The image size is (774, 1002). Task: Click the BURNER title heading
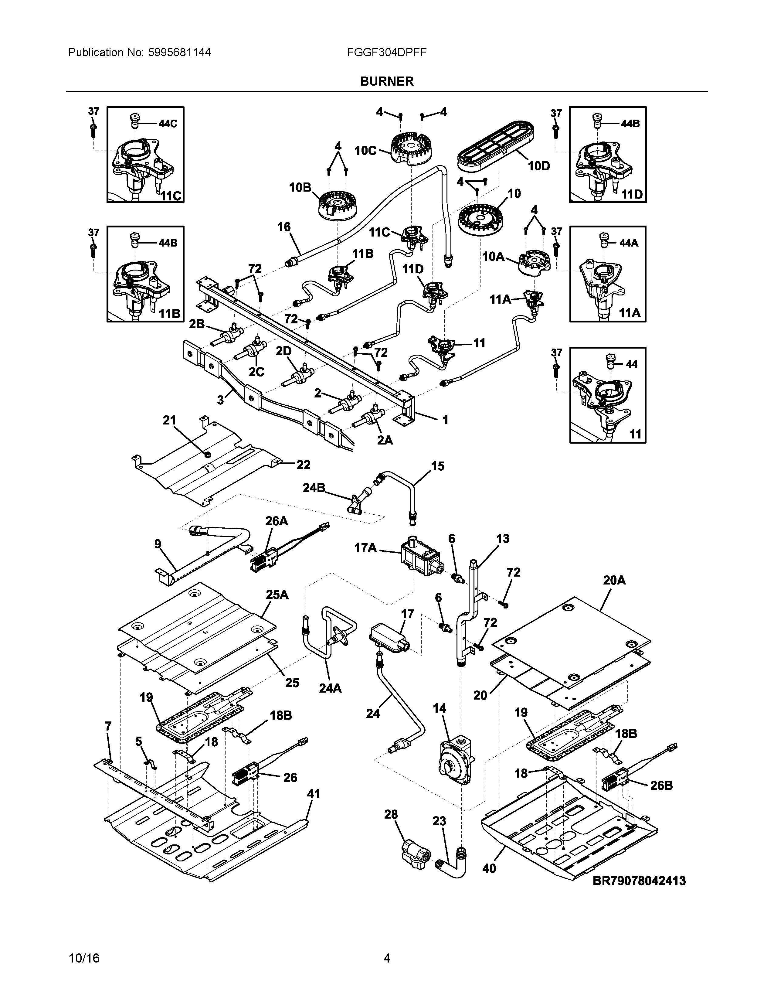(386, 81)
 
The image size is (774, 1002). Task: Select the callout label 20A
(614, 580)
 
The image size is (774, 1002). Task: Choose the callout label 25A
(277, 595)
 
